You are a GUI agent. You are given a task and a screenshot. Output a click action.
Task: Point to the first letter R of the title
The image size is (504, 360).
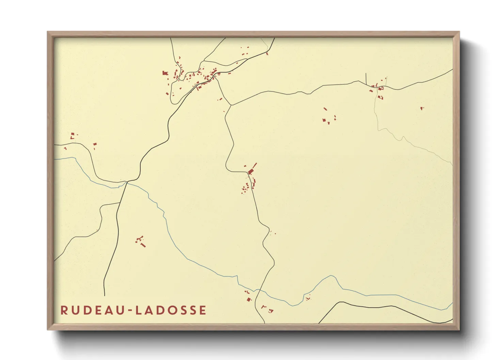point(63,310)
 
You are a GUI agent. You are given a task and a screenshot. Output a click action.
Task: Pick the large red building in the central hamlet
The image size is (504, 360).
point(252,170)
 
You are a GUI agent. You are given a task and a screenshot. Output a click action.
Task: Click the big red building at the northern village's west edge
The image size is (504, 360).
point(165,73)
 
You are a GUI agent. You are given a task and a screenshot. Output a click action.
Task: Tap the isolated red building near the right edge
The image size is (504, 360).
point(422,108)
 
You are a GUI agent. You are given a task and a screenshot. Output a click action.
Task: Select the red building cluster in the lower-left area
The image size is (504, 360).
point(140,241)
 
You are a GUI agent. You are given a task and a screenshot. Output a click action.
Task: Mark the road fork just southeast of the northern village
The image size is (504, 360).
point(231,105)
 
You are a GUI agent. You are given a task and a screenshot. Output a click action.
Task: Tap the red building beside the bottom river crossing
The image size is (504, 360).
point(249,299)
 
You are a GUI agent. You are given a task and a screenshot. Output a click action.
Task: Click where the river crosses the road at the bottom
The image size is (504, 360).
point(259,290)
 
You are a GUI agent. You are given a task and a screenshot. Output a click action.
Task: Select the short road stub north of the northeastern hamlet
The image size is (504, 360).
point(366,78)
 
